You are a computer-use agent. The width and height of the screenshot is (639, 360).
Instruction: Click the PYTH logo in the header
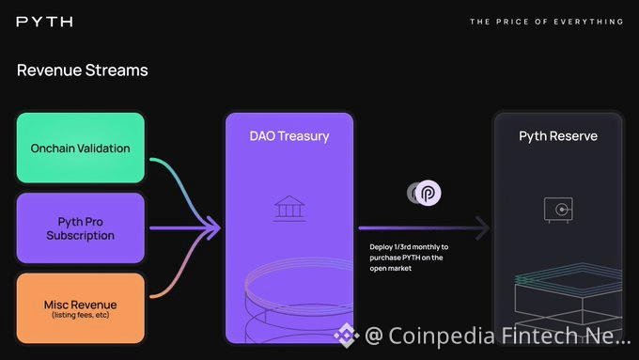coord(45,22)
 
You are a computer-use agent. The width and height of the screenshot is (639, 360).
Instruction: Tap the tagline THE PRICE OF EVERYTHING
coord(547,22)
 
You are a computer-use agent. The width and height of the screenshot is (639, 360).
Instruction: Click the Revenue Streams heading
coord(83,70)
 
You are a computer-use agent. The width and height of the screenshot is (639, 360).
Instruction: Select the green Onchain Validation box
coord(81,148)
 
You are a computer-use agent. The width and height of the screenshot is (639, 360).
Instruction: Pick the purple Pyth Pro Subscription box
coord(81,227)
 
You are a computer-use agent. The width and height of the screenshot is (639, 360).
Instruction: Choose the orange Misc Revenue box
coord(81,308)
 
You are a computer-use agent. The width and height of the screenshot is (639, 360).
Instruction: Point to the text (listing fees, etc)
coord(81,315)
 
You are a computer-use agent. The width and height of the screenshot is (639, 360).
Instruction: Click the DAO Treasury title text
coord(289,135)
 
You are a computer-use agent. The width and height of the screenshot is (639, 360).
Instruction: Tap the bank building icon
coord(289,209)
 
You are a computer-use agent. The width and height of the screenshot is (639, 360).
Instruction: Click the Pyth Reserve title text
coord(558,135)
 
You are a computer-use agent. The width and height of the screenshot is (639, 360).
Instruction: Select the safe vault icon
coord(558,210)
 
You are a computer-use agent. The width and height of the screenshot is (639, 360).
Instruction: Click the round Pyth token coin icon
coord(428,193)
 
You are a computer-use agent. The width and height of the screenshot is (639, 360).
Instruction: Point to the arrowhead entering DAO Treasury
coord(213,227)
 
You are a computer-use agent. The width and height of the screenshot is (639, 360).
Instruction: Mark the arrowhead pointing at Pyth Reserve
coord(482,227)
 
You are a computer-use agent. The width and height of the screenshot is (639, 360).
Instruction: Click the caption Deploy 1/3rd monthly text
coord(409,258)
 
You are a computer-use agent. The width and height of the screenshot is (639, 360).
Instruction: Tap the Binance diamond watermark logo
coord(347,336)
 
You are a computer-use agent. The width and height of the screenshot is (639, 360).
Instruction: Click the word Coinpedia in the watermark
coord(442,336)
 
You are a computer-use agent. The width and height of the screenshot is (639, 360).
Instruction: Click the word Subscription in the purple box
coord(80,236)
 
